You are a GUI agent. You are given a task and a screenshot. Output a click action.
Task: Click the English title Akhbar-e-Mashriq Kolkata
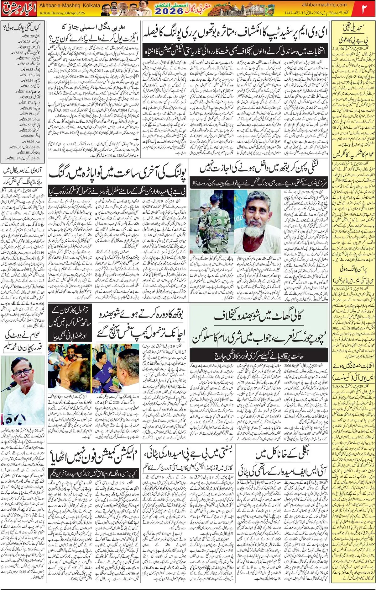pos(70,6)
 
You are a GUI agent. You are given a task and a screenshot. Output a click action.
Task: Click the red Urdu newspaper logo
pos(19,9)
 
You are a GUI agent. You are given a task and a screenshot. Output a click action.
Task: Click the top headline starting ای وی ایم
pos(235,34)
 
